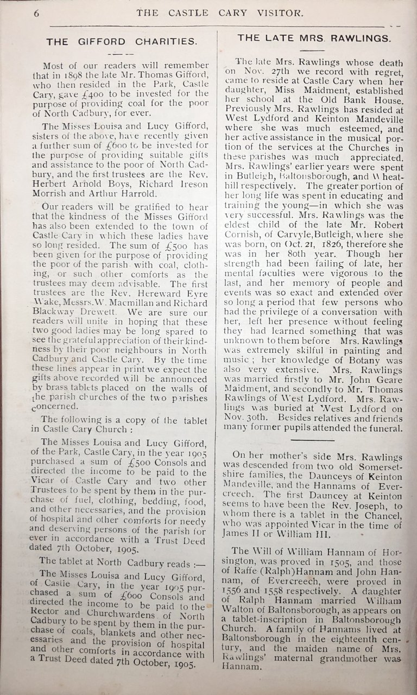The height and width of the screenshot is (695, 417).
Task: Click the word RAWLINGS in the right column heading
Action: click(361, 38)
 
